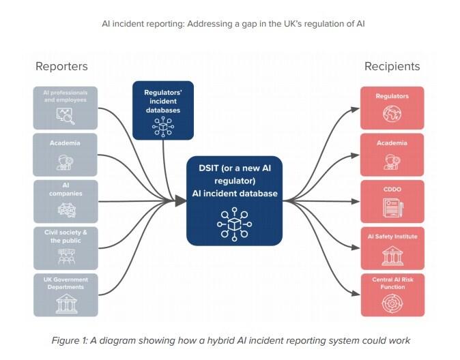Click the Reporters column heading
tap(61, 66)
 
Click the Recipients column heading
tap(392, 66)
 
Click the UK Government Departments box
tap(66, 295)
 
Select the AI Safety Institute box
tap(392, 248)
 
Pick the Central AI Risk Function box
tap(392, 295)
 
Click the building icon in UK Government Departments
tap(66, 303)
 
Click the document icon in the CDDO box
tap(392, 208)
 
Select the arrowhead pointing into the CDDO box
tap(356, 202)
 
